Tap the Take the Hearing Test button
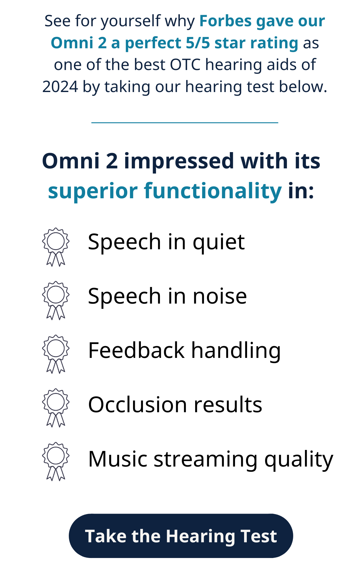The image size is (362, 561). pyautogui.click(x=181, y=536)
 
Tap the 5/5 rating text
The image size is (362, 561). pyautogui.click(x=198, y=43)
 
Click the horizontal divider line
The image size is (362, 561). pyautogui.click(x=185, y=123)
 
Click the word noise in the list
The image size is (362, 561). pyautogui.click(x=220, y=296)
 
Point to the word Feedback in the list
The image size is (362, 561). pyautogui.click(x=136, y=350)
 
